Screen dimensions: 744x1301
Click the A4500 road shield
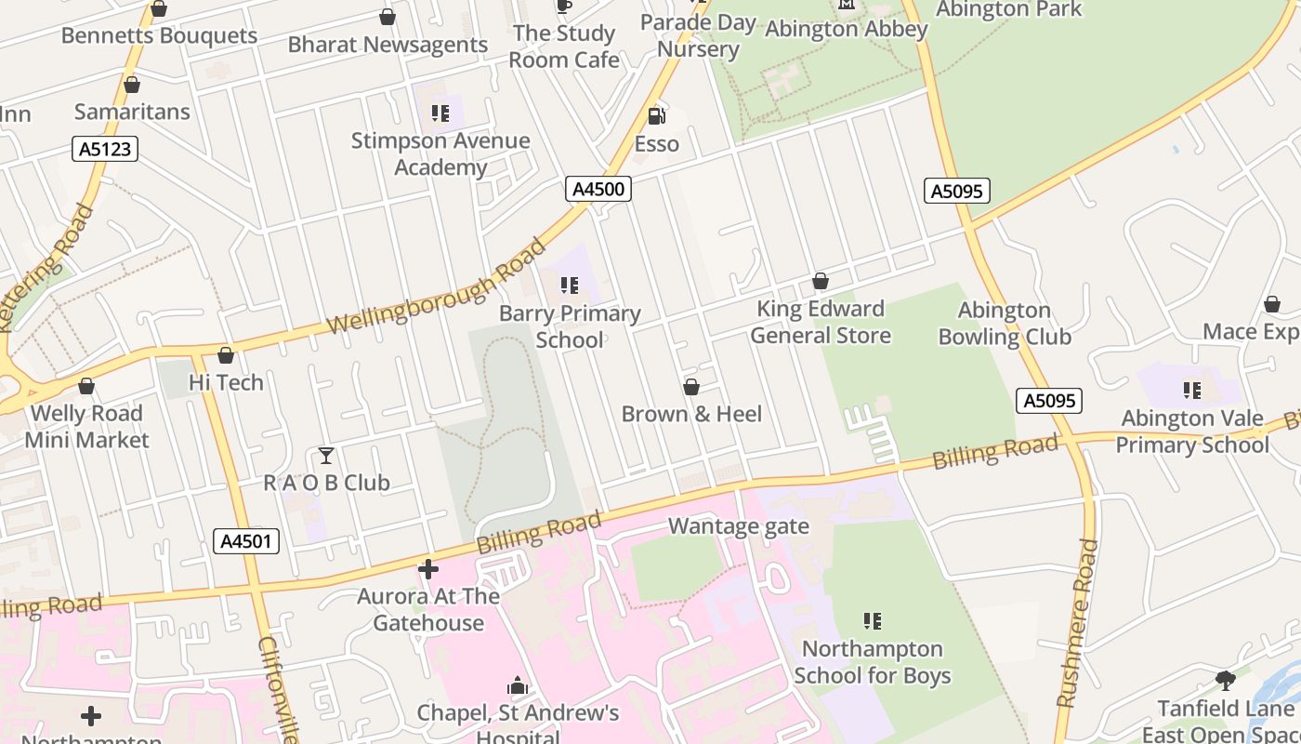[598, 189]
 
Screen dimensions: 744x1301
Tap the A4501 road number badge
[246, 541]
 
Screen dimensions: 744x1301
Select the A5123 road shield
[105, 149]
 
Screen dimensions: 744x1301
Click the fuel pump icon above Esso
[656, 116]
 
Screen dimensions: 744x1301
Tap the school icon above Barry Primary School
[569, 286]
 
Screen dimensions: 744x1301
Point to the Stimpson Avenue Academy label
[440, 154]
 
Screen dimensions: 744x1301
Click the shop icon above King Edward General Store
[820, 281]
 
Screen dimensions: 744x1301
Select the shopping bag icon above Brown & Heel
[691, 387]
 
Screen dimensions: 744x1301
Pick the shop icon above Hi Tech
[225, 355]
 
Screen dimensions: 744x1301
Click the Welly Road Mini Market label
[86, 427]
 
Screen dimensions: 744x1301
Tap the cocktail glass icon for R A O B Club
[326, 456]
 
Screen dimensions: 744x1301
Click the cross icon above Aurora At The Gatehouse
[428, 568]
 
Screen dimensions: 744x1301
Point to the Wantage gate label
[739, 527]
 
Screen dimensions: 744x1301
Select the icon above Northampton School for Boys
[872, 620]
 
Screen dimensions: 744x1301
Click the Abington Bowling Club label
[1005, 324]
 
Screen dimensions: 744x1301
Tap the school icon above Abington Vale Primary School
[1192, 391]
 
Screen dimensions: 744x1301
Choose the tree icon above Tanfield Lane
[1226, 681]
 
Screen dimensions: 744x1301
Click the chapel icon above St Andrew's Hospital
[518, 686]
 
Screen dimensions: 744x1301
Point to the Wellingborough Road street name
[437, 286]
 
